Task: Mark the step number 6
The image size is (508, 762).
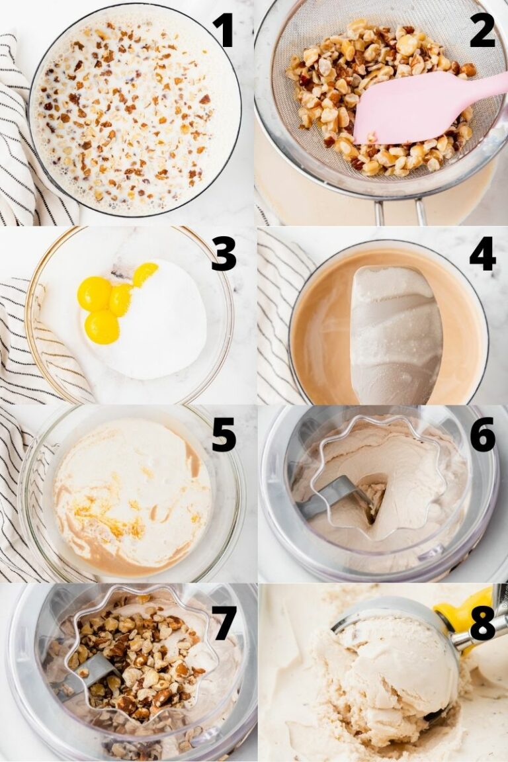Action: pos(483,434)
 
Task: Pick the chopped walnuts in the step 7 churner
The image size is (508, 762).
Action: pos(136,651)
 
